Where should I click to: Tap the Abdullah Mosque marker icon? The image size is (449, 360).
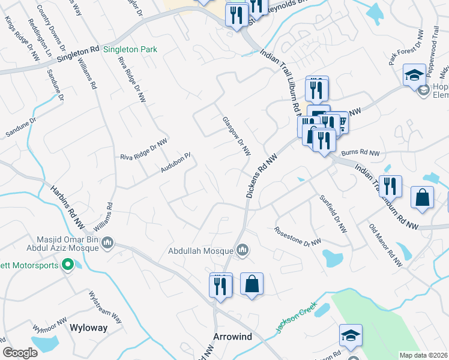[243, 250]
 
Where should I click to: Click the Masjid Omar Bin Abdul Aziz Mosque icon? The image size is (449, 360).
[107, 243]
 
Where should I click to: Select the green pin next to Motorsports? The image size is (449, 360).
[68, 264]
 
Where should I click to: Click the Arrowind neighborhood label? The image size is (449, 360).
[232, 337]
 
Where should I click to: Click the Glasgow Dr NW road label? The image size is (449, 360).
[236, 136]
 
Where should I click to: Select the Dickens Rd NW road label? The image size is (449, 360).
[259, 173]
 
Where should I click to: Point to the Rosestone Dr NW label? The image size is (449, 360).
[298, 236]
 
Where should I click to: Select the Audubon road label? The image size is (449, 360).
[175, 163]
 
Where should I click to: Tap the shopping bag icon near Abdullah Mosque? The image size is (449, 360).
[252, 284]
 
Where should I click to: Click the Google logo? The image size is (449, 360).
[20, 353]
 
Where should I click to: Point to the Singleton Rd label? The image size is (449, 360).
[78, 55]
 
